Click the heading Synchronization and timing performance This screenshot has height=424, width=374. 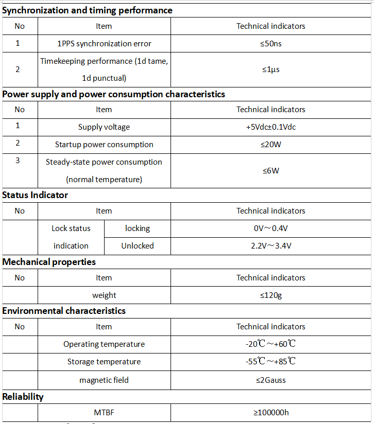(x=87, y=10)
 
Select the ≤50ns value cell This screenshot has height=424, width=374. (x=270, y=43)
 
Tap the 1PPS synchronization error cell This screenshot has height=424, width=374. (x=104, y=43)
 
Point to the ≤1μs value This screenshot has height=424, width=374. (x=270, y=69)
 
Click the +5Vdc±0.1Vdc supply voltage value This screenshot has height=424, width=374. (x=270, y=127)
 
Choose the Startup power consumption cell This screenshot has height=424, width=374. (x=104, y=144)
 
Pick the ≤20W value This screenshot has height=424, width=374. (x=270, y=144)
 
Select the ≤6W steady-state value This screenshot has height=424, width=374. (x=270, y=170)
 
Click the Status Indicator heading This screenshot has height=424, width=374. (x=35, y=195)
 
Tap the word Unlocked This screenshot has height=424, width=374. (x=138, y=245)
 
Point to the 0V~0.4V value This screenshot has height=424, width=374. (x=270, y=228)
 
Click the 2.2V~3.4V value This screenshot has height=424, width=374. (x=270, y=245)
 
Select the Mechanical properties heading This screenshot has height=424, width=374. (x=49, y=262)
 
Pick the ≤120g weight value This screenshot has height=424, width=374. (x=270, y=295)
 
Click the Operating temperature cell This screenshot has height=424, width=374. (x=104, y=344)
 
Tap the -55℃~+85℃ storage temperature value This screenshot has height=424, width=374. (x=270, y=361)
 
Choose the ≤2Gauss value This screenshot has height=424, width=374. (x=270, y=380)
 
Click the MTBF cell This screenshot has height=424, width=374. (x=104, y=412)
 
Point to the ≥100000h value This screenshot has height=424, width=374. (x=270, y=412)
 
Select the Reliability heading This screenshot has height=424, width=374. (x=23, y=397)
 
